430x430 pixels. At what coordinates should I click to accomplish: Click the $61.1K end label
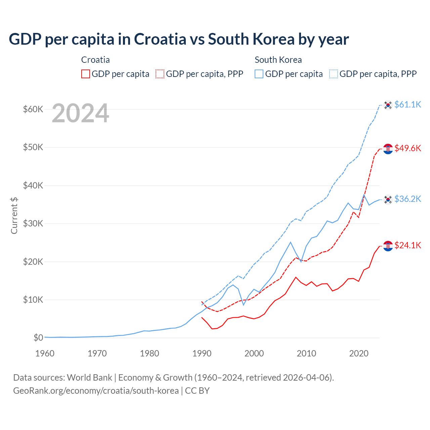point(407,104)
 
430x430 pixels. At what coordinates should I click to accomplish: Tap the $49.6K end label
point(407,148)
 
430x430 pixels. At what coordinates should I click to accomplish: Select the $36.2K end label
point(407,199)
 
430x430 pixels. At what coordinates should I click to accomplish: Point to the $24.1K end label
point(407,245)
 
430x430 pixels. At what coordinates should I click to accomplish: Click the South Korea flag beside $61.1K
point(388,105)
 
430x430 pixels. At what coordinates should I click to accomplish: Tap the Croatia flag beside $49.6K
point(388,149)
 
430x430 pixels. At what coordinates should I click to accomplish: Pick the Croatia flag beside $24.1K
point(388,246)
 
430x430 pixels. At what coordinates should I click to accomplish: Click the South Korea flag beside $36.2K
point(388,200)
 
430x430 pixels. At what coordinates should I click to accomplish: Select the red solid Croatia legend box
point(86,74)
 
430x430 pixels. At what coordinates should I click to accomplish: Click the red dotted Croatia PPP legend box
point(160,74)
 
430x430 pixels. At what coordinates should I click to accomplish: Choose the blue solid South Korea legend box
point(259,74)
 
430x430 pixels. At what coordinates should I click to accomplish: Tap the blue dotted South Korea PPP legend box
point(334,74)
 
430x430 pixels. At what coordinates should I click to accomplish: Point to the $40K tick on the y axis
point(33,185)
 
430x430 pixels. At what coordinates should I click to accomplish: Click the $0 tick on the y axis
point(38,338)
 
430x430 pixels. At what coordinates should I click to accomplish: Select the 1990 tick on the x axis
point(202,353)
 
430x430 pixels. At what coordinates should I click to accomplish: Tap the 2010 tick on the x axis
point(306,353)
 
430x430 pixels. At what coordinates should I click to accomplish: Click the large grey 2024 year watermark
point(80,113)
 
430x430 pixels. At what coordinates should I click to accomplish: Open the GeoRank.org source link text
point(96,391)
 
